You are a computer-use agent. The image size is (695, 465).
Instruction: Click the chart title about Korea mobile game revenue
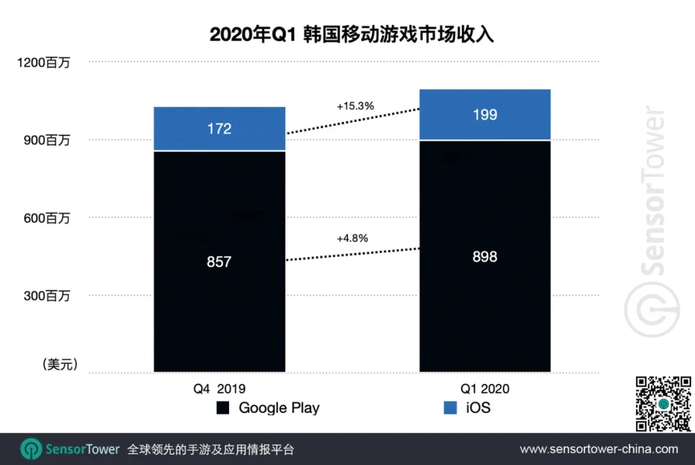point(351,34)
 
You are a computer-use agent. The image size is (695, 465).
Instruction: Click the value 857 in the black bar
point(219,262)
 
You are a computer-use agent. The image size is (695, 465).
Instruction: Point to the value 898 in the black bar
point(485,257)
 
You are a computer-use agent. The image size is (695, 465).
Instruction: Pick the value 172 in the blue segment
point(219,129)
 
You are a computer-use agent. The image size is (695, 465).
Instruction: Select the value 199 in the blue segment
point(485,115)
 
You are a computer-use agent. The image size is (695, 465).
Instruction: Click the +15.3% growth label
point(355,106)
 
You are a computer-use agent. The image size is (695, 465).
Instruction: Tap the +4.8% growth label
point(352,238)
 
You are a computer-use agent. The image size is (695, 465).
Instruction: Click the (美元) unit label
point(60,365)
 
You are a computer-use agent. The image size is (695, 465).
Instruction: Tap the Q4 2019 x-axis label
point(219,388)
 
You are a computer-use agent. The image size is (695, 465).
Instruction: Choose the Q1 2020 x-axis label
point(485,388)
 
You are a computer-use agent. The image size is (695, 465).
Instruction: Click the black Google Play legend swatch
point(223,408)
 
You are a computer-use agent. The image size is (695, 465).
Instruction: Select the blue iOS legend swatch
point(450,408)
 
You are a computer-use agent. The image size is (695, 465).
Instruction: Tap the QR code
point(663,403)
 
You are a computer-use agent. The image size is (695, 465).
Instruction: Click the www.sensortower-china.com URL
point(598,449)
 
